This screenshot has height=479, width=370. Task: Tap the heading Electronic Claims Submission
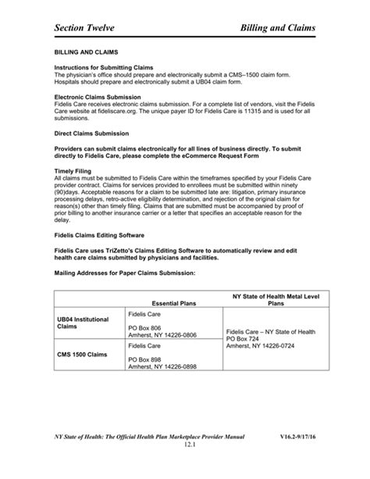[x=97, y=97]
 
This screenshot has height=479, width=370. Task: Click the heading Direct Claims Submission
[x=91, y=134]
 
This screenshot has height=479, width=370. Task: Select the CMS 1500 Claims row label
[x=81, y=354]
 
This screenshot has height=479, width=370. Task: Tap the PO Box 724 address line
[x=241, y=339]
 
